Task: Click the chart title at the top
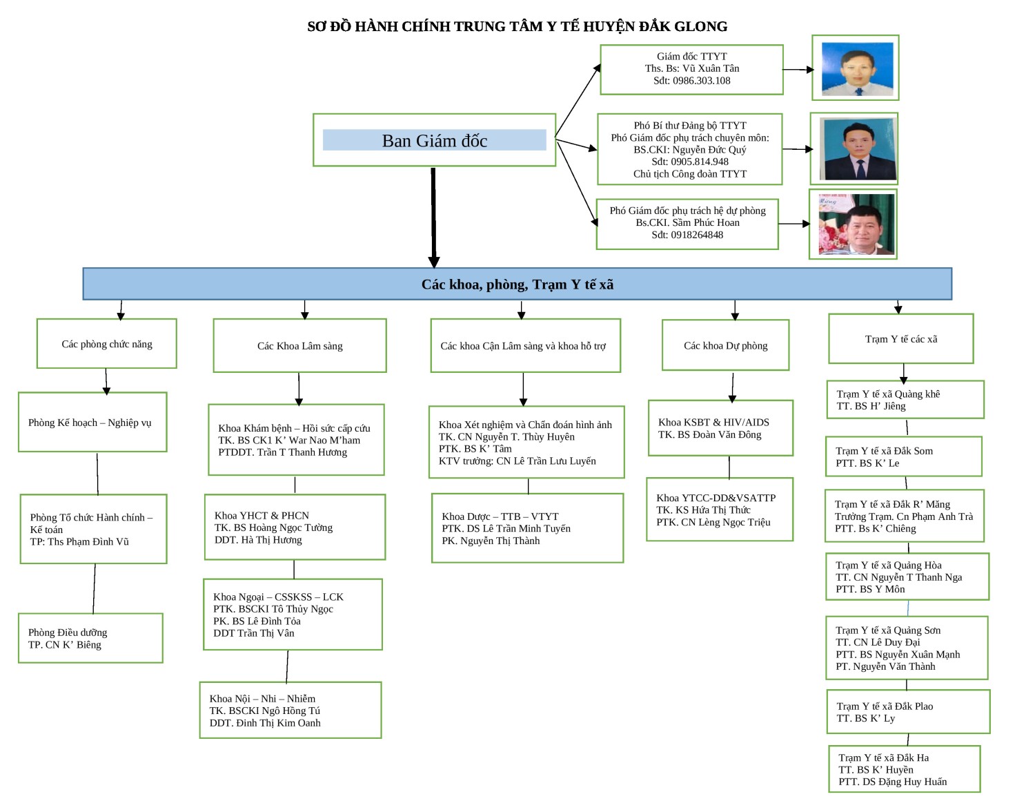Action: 517,27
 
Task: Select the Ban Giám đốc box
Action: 434,140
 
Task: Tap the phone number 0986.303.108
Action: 691,81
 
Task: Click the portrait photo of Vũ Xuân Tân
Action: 856,68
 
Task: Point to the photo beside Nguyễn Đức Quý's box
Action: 855,149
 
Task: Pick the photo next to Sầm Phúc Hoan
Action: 854,224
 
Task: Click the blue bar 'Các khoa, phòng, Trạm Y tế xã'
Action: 517,284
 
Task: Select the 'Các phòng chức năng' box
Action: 107,344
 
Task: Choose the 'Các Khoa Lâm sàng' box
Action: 299,346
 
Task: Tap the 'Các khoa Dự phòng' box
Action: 725,345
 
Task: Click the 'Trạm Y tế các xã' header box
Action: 900,339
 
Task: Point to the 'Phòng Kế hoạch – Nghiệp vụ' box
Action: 92,423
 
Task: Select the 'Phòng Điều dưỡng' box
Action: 90,638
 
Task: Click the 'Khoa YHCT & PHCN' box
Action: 295,527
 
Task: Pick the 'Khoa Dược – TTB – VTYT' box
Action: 527,528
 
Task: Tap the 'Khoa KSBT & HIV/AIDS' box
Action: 720,428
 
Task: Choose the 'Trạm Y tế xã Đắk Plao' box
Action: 908,712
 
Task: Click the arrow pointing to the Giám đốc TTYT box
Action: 578,100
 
